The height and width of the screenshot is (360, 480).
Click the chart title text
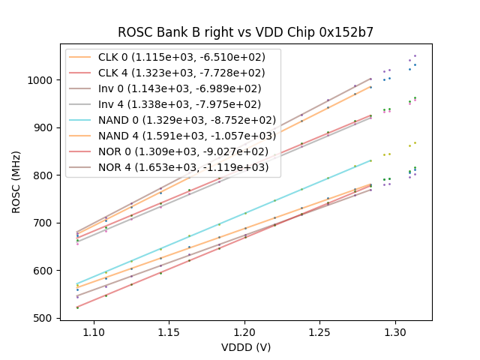[x=245, y=32]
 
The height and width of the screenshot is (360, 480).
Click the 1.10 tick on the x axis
[x=93, y=331]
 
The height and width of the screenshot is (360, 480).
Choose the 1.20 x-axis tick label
[x=244, y=331]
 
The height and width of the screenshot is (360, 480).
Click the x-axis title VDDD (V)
[x=245, y=347]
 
